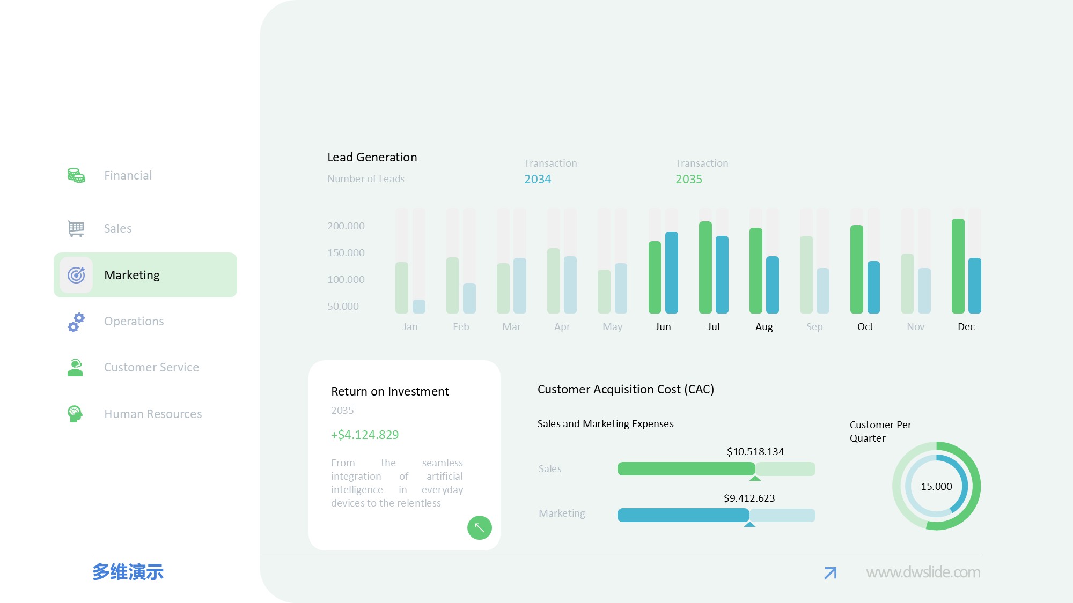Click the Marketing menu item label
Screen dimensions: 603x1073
click(132, 275)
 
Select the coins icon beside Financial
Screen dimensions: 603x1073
click(76, 175)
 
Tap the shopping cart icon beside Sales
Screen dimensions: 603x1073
click(76, 228)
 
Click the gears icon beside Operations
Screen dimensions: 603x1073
click(76, 322)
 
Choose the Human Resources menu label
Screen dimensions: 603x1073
click(153, 414)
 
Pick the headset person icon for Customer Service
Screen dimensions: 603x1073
click(76, 368)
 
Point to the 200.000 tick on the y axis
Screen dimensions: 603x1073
click(346, 226)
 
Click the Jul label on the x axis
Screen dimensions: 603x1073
click(714, 327)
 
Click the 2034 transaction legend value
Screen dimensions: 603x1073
click(538, 180)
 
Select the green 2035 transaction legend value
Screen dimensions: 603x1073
click(689, 180)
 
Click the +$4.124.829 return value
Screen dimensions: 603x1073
click(365, 435)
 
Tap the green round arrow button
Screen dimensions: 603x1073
click(480, 528)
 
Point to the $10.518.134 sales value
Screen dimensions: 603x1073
click(755, 452)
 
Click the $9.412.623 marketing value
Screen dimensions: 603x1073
click(749, 498)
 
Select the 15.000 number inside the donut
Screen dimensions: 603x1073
click(936, 487)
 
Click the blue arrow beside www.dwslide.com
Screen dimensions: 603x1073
click(831, 573)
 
